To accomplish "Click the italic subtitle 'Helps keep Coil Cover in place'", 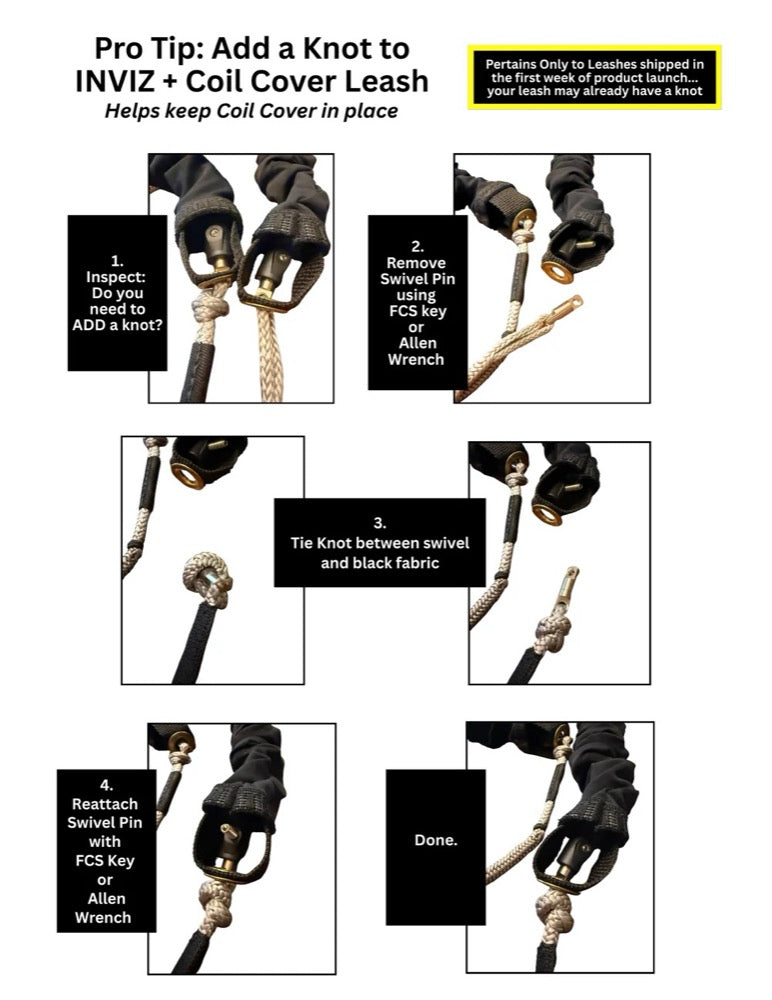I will point(251,111).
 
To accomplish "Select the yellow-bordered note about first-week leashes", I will point(594,77).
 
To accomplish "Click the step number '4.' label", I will point(106,786).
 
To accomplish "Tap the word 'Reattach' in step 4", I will point(106,804).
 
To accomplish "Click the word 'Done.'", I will point(435,840).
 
